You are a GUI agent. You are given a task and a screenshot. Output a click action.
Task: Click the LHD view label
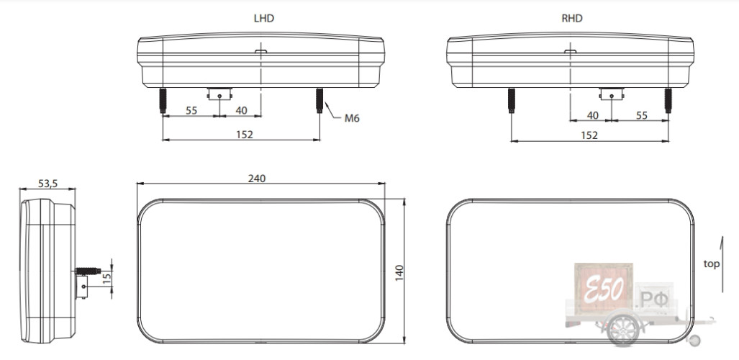263,19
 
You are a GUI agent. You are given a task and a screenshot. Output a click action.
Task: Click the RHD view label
571,19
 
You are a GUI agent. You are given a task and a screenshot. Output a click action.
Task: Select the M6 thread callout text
352,118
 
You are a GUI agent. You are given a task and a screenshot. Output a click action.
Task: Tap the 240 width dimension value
257,179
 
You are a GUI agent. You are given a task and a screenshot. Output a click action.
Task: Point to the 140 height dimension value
399,273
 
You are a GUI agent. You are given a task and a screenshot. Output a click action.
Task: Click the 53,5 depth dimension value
47,184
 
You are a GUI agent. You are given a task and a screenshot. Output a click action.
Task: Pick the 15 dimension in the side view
107,279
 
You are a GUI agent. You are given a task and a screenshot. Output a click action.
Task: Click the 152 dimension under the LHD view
245,135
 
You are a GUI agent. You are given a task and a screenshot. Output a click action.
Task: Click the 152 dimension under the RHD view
589,135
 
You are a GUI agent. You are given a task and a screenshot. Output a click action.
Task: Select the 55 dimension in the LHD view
191,110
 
